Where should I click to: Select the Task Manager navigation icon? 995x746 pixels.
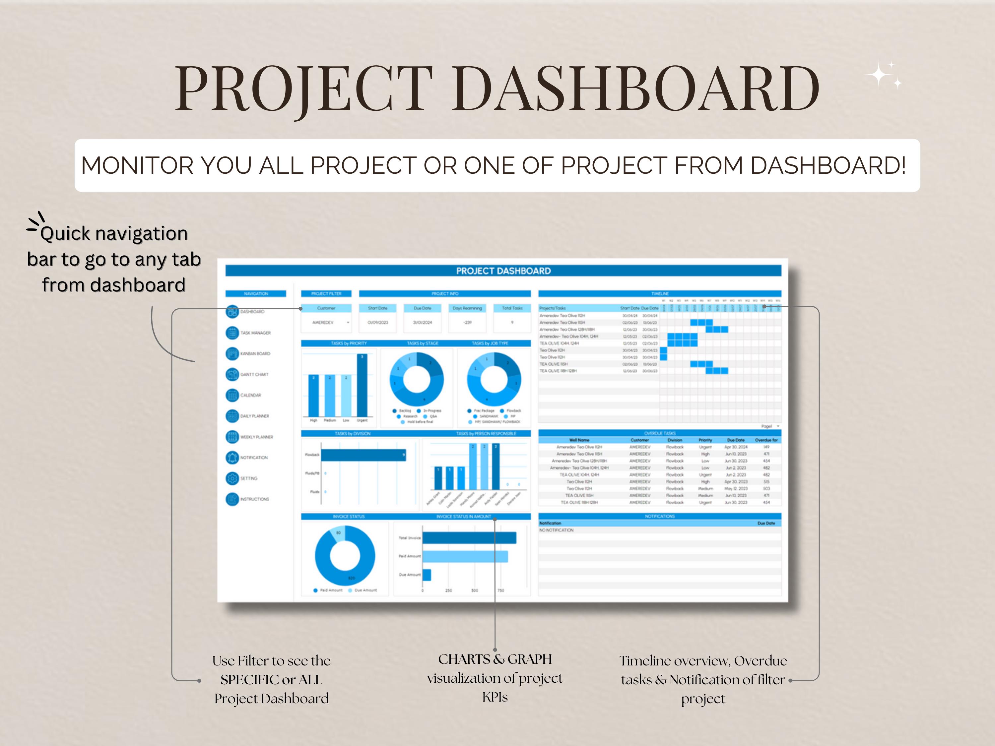click(232, 333)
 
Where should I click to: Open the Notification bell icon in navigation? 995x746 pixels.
click(232, 457)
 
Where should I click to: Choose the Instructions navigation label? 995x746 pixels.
click(255, 499)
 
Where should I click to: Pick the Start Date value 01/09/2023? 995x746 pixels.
click(377, 322)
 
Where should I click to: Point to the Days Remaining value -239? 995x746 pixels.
click(467, 322)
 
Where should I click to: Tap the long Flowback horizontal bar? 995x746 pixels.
click(363, 455)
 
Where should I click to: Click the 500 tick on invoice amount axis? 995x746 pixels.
click(475, 591)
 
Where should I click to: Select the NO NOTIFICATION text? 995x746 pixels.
click(557, 530)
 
